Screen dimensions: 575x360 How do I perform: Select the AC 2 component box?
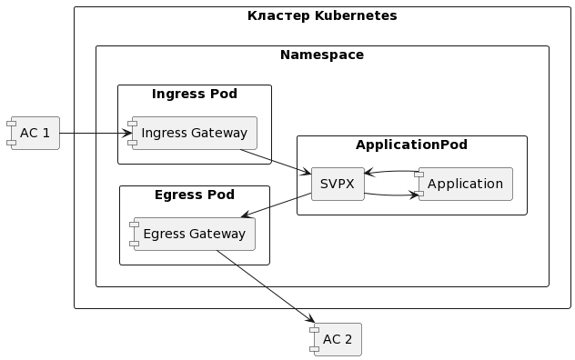tap(336, 339)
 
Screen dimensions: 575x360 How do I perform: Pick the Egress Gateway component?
tap(193, 234)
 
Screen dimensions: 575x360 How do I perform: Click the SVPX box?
tap(338, 184)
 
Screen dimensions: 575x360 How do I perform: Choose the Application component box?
tap(463, 184)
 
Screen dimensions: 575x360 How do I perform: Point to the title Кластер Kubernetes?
tap(322, 15)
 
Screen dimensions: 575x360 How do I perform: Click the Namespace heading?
tap(322, 55)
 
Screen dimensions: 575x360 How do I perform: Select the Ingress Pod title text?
tap(195, 94)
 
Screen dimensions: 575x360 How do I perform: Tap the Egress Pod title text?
tap(195, 195)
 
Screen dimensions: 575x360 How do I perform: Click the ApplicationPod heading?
tap(411, 145)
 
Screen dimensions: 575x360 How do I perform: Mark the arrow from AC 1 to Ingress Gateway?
tap(96, 133)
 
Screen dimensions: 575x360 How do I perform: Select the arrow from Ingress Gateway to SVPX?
tap(276, 162)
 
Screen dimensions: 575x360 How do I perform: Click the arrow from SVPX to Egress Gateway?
tap(277, 205)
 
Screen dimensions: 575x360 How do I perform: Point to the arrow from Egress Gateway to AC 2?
tap(266, 286)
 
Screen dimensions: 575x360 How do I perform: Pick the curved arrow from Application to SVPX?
tap(391, 171)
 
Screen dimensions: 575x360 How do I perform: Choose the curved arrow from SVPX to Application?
tap(391, 195)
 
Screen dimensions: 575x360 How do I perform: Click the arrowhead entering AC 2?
tap(310, 318)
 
